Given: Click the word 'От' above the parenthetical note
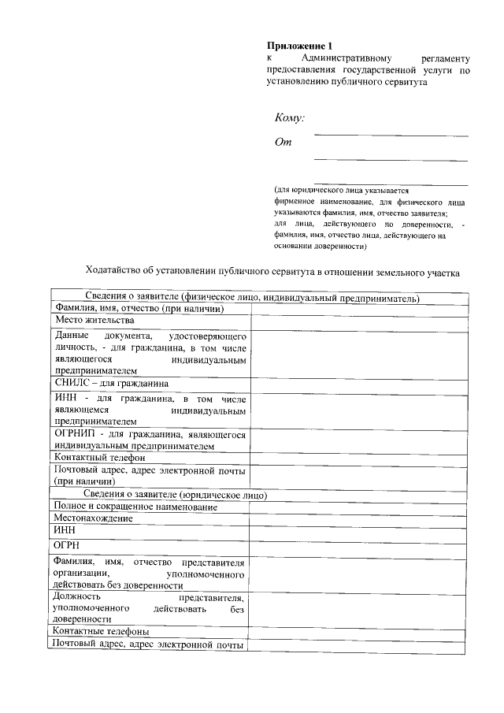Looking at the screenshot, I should tap(283, 143).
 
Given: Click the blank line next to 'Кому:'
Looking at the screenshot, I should tap(391, 135).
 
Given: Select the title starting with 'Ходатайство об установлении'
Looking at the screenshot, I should tap(272, 273).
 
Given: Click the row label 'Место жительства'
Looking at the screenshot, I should tap(94, 321).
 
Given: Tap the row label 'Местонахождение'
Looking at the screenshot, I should tap(93, 518).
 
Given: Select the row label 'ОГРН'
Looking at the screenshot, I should tap(68, 545).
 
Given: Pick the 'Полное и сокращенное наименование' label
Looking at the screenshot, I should tap(135, 507).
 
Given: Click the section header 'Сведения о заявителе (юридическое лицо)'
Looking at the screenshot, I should tap(181, 495).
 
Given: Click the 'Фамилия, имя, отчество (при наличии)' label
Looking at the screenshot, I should tap(139, 308).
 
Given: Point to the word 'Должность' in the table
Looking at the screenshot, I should tap(76, 597).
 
